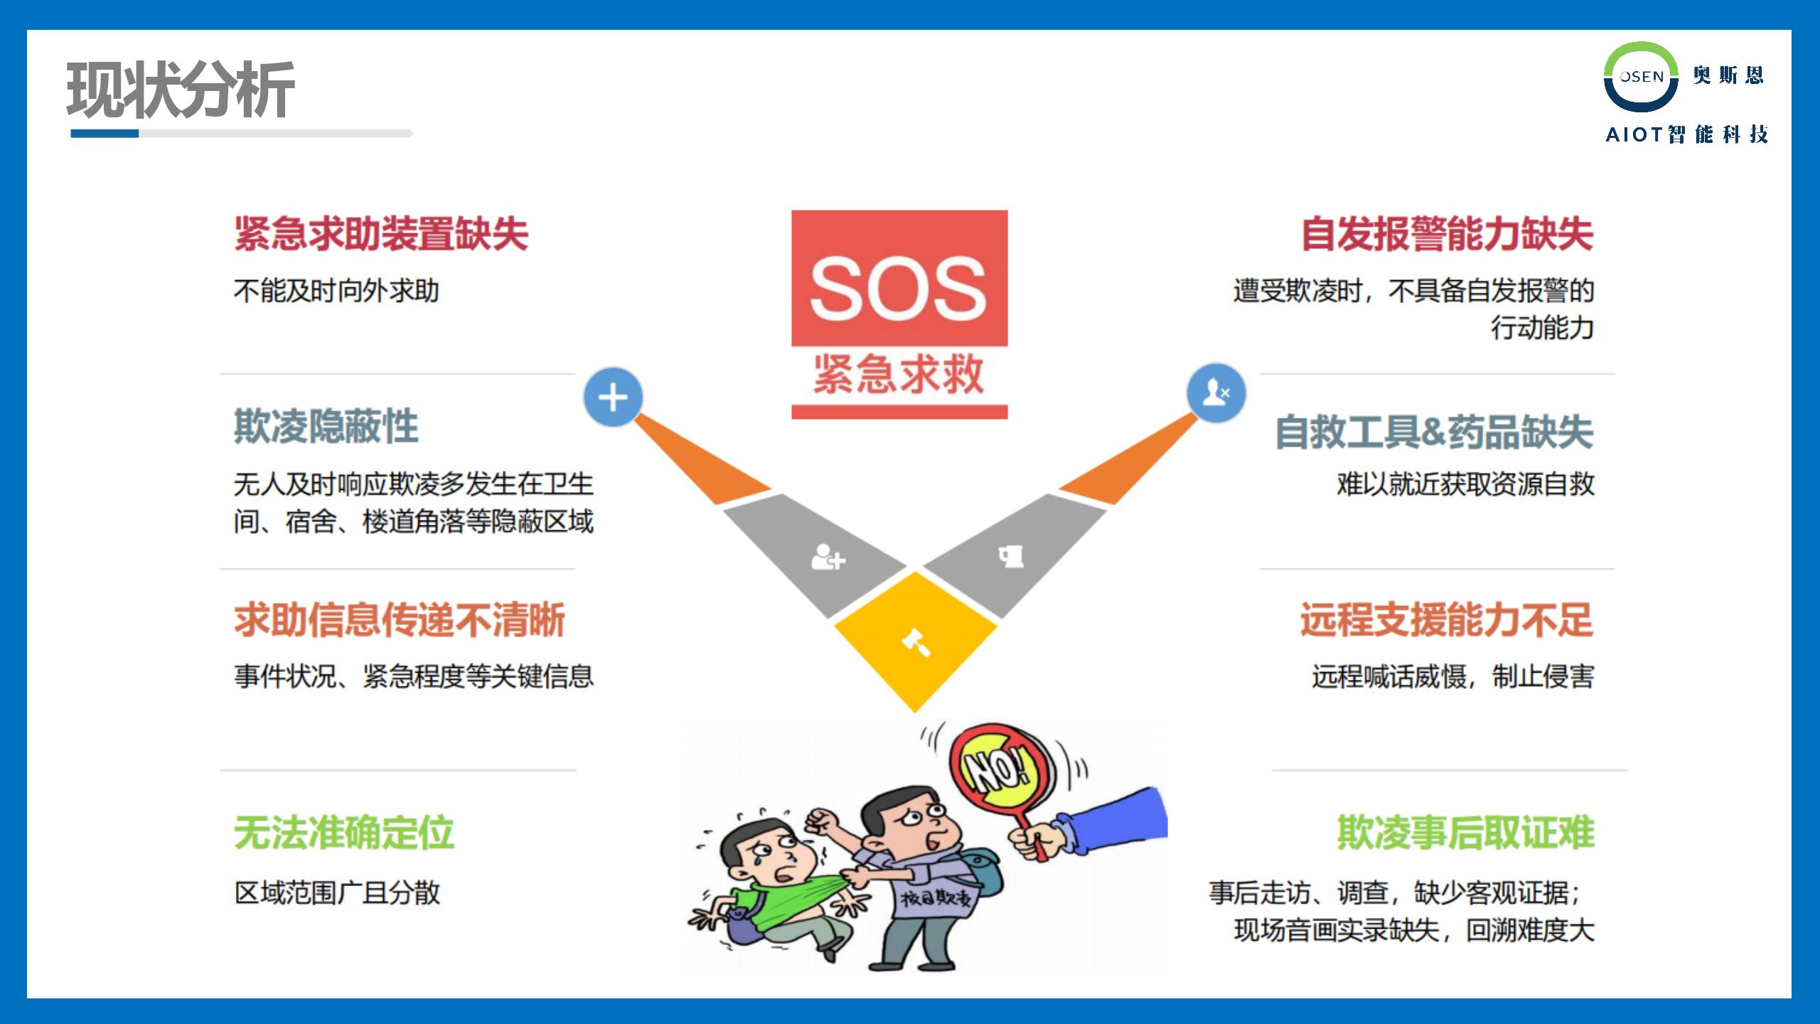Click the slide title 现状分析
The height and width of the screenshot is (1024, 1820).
pyautogui.click(x=181, y=90)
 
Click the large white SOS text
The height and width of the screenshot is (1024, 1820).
pyautogui.click(x=899, y=287)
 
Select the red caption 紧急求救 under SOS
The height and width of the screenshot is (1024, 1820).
pyautogui.click(x=899, y=374)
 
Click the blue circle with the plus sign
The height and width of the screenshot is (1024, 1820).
pyautogui.click(x=613, y=398)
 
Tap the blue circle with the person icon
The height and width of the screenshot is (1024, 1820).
pyautogui.click(x=1216, y=393)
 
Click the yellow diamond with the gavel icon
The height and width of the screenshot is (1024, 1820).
pyautogui.click(x=916, y=641)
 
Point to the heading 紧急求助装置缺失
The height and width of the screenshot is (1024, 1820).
pyautogui.click(x=381, y=233)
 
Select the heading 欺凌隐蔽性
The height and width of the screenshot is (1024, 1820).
pyautogui.click(x=326, y=426)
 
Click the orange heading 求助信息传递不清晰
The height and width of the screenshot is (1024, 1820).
pyautogui.click(x=400, y=619)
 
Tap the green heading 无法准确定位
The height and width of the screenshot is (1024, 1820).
pyautogui.click(x=344, y=833)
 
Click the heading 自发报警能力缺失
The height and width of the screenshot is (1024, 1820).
pyautogui.click(x=1447, y=233)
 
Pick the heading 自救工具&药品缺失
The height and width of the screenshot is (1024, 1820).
pyautogui.click(x=1435, y=431)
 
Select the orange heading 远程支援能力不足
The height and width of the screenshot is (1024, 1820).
pyautogui.click(x=1447, y=619)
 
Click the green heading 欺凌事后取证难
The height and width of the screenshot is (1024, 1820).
pyautogui.click(x=1466, y=833)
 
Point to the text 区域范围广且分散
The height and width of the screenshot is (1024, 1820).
pyautogui.click(x=337, y=892)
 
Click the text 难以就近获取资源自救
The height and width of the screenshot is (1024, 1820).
pyautogui.click(x=1466, y=484)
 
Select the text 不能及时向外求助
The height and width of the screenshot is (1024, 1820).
pyautogui.click(x=337, y=291)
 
